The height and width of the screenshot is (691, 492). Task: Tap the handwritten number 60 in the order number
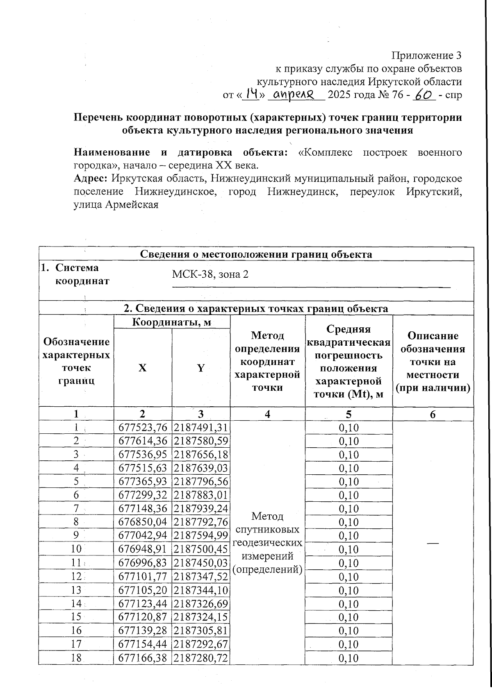click(x=424, y=95)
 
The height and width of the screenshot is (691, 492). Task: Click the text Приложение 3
click(x=427, y=55)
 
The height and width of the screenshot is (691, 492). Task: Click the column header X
click(x=142, y=368)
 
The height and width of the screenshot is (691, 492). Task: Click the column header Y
click(x=200, y=368)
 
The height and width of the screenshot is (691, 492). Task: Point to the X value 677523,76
click(x=143, y=428)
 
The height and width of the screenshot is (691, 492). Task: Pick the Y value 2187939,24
click(x=200, y=509)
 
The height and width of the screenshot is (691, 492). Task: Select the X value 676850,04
click(x=143, y=522)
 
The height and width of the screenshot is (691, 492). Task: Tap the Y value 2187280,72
click(x=200, y=658)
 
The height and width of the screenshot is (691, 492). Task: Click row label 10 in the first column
click(x=76, y=549)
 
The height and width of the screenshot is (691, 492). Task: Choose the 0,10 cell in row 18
click(x=348, y=658)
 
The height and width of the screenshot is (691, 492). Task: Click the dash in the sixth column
click(x=433, y=542)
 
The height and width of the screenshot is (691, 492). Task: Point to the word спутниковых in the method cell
click(x=267, y=529)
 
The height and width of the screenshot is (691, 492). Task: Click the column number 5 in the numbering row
click(x=348, y=414)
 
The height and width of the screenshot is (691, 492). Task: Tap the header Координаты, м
click(x=171, y=322)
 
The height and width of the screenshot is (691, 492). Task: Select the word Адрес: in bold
click(x=91, y=179)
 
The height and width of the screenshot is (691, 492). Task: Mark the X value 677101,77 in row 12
click(x=143, y=577)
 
